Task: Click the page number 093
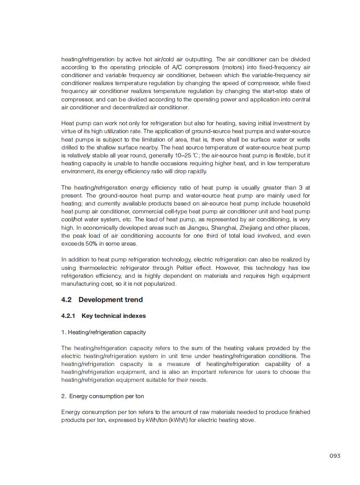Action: [335, 456]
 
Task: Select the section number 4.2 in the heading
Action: [66, 300]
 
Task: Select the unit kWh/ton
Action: [156, 420]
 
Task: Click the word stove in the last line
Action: [247, 420]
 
